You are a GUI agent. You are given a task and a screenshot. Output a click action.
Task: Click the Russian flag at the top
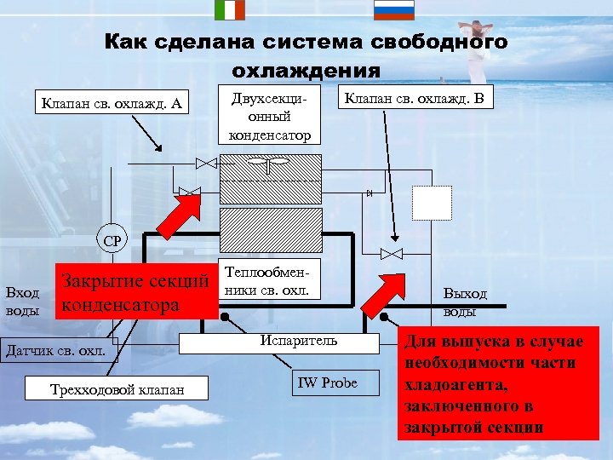tap(394, 9)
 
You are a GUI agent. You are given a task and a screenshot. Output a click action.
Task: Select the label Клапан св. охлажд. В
tap(413, 99)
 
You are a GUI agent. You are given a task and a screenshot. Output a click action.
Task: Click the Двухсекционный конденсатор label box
tap(269, 116)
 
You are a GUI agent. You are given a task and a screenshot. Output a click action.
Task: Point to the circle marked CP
tap(112, 240)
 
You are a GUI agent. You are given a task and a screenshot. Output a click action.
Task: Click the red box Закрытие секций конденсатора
tap(135, 292)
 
